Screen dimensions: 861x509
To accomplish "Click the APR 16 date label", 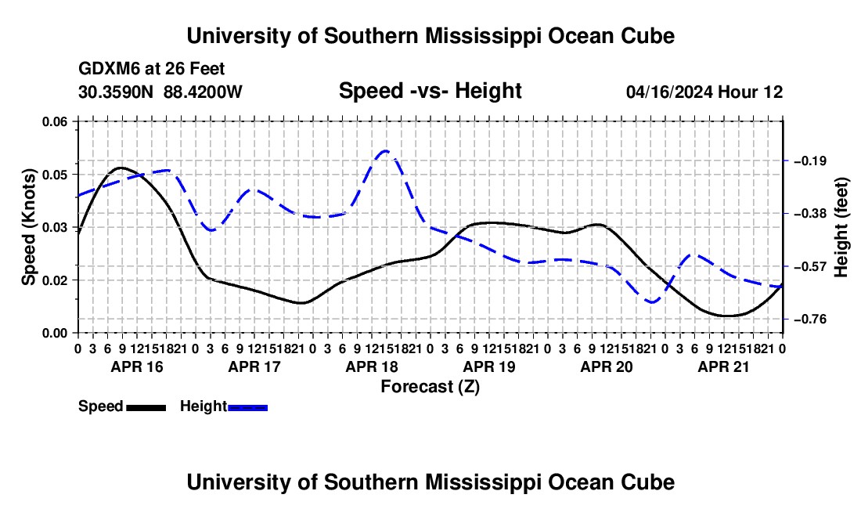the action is pyautogui.click(x=137, y=366).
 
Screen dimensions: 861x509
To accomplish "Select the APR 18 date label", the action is pyautogui.click(x=372, y=366).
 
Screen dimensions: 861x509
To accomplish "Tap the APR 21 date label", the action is pyautogui.click(x=723, y=366).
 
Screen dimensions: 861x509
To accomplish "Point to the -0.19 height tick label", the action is pyautogui.click(x=810, y=161).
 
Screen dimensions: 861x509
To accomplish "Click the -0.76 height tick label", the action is pyautogui.click(x=810, y=319).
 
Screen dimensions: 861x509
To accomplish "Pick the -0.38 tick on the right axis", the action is pyautogui.click(x=810, y=213).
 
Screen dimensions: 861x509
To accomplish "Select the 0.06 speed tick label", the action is pyautogui.click(x=55, y=121).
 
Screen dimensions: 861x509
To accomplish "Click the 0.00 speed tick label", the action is pyautogui.click(x=55, y=333).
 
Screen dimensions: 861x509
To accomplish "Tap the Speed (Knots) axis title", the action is pyautogui.click(x=28, y=227).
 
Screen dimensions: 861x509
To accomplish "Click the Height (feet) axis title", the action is pyautogui.click(x=841, y=227).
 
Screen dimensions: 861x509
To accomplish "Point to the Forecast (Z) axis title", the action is pyautogui.click(x=430, y=387).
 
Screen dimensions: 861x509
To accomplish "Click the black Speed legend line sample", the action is pyautogui.click(x=146, y=407).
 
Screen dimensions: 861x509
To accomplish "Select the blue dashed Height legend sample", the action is pyautogui.click(x=247, y=407).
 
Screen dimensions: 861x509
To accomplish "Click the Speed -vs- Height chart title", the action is pyautogui.click(x=430, y=91).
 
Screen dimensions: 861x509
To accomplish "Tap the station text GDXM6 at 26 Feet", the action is pyautogui.click(x=152, y=69).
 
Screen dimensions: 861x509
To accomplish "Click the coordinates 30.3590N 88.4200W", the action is pyautogui.click(x=160, y=92).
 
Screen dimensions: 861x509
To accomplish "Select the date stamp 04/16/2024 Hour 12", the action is pyautogui.click(x=704, y=92).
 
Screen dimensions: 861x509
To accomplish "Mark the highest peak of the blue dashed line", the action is pyautogui.click(x=386, y=150).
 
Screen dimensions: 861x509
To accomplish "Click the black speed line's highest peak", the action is pyautogui.click(x=121, y=168).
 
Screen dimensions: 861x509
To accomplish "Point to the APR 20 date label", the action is pyautogui.click(x=607, y=366).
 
